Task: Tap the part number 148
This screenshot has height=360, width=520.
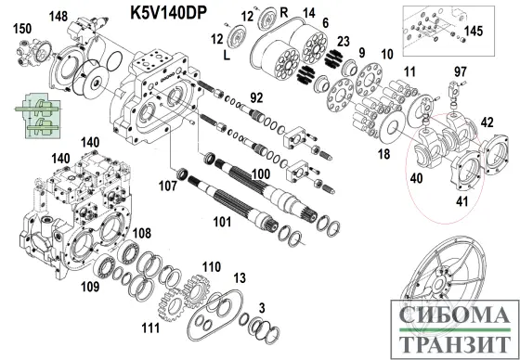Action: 58,17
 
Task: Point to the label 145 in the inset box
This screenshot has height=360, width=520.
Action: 474,32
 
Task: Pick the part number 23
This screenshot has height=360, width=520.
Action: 344,41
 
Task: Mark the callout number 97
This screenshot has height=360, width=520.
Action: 460,72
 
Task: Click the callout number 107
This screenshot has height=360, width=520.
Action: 167,186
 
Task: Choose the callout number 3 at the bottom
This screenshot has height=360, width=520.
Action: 262,307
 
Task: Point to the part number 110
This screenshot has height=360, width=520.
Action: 211,267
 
